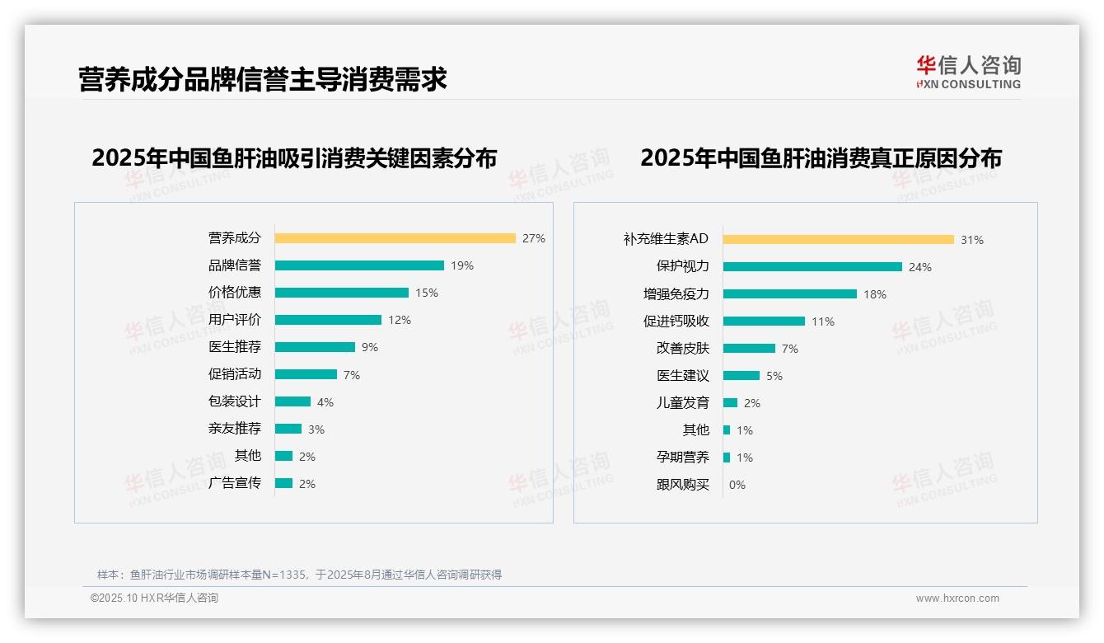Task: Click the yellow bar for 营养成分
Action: tap(395, 238)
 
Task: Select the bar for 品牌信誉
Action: tap(359, 265)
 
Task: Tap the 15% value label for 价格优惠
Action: tap(427, 293)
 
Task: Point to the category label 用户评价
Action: tap(235, 319)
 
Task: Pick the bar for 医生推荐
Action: tap(315, 347)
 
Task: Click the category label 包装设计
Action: tap(235, 401)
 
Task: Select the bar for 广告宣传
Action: tap(284, 483)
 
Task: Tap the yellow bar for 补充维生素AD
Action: tap(839, 240)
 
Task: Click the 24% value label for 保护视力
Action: tap(920, 267)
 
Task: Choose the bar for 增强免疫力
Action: tap(790, 294)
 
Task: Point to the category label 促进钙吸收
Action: tap(676, 321)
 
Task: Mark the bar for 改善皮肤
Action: tap(750, 349)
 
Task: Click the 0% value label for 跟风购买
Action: tap(737, 485)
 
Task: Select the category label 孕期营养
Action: tap(683, 458)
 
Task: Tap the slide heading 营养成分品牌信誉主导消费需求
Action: tap(263, 80)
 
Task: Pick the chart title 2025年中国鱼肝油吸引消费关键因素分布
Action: tap(294, 158)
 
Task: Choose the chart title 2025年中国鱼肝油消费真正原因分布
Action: tap(821, 158)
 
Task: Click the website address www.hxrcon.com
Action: tap(957, 598)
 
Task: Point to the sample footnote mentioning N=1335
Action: tap(299, 575)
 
